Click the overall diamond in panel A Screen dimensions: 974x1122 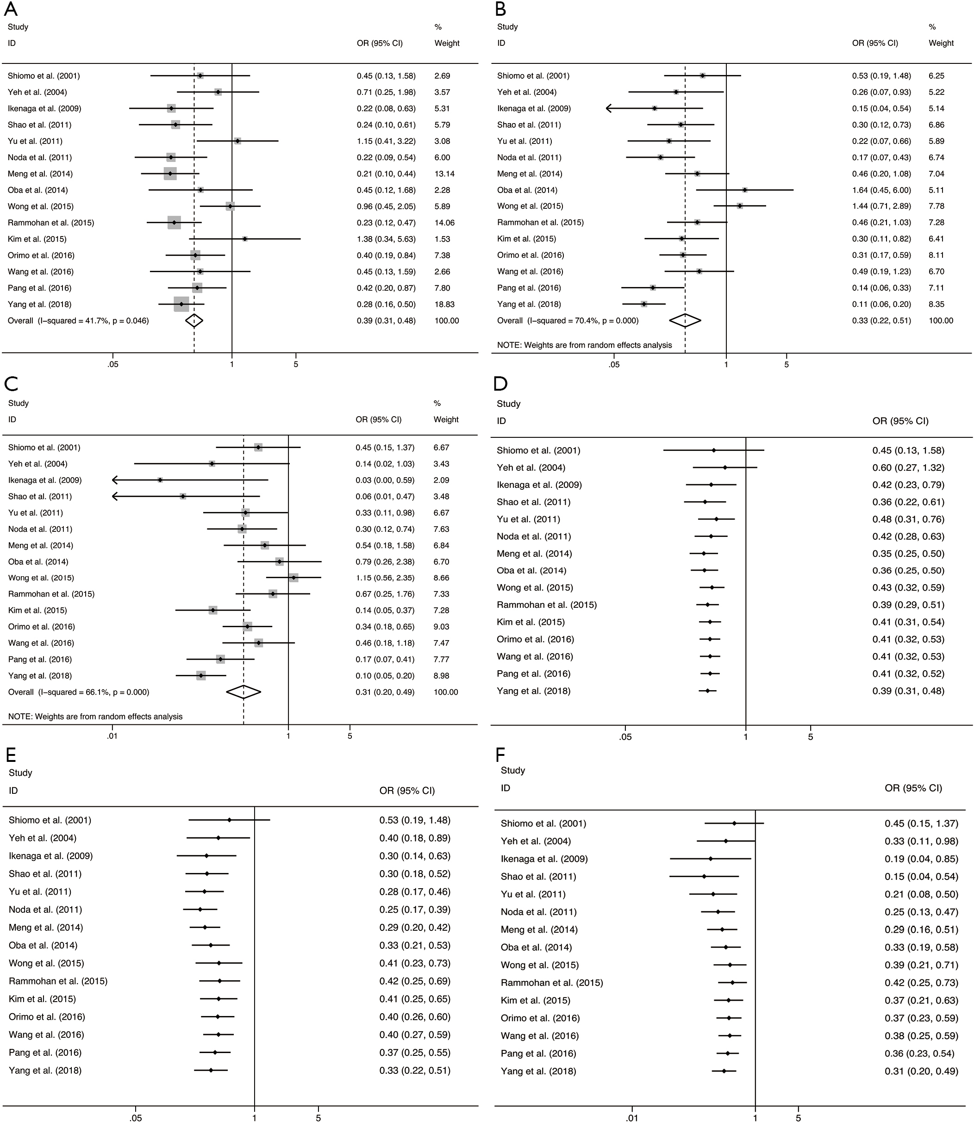point(194,321)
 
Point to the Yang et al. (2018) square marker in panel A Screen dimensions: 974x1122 point(181,304)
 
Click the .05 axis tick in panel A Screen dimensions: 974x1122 point(112,364)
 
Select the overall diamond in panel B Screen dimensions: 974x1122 point(685,321)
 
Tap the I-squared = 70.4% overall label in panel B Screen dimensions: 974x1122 point(568,321)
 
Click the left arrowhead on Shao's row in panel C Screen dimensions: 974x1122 point(116,497)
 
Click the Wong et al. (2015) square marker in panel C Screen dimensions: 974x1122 point(293,578)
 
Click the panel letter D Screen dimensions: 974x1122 point(500,384)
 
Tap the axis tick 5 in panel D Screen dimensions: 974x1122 point(811,737)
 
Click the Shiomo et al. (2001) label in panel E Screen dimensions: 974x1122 point(50,820)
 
